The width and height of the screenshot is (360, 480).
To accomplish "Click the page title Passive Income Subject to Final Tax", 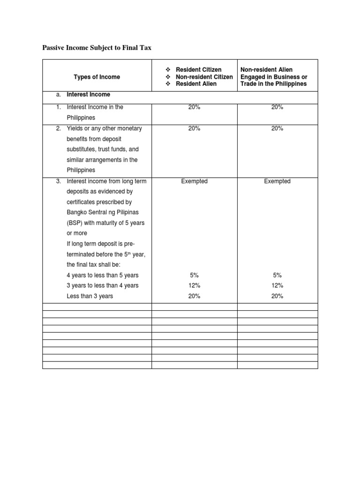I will [97, 48].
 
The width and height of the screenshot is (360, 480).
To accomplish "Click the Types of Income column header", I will [97, 77].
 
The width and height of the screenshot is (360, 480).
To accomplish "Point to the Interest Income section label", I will [88, 95].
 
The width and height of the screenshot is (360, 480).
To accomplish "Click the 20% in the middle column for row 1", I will [194, 107].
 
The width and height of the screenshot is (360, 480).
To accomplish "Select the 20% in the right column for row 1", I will [277, 107].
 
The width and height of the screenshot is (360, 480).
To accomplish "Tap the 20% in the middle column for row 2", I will [194, 128].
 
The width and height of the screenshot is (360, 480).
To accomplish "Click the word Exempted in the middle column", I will [194, 181].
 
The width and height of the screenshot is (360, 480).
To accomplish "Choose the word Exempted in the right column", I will [277, 181].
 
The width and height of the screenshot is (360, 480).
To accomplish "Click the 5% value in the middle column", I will [194, 275].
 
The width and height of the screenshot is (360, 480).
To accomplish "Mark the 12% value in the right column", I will [277, 285].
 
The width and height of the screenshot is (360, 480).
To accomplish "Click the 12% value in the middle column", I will [194, 285].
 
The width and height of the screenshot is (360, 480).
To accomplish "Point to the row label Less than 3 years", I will [90, 296].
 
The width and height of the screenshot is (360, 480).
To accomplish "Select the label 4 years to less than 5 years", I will [103, 275].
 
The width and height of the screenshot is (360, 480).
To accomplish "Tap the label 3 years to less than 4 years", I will [103, 285].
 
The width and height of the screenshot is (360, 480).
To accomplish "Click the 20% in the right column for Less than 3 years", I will [277, 296].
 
